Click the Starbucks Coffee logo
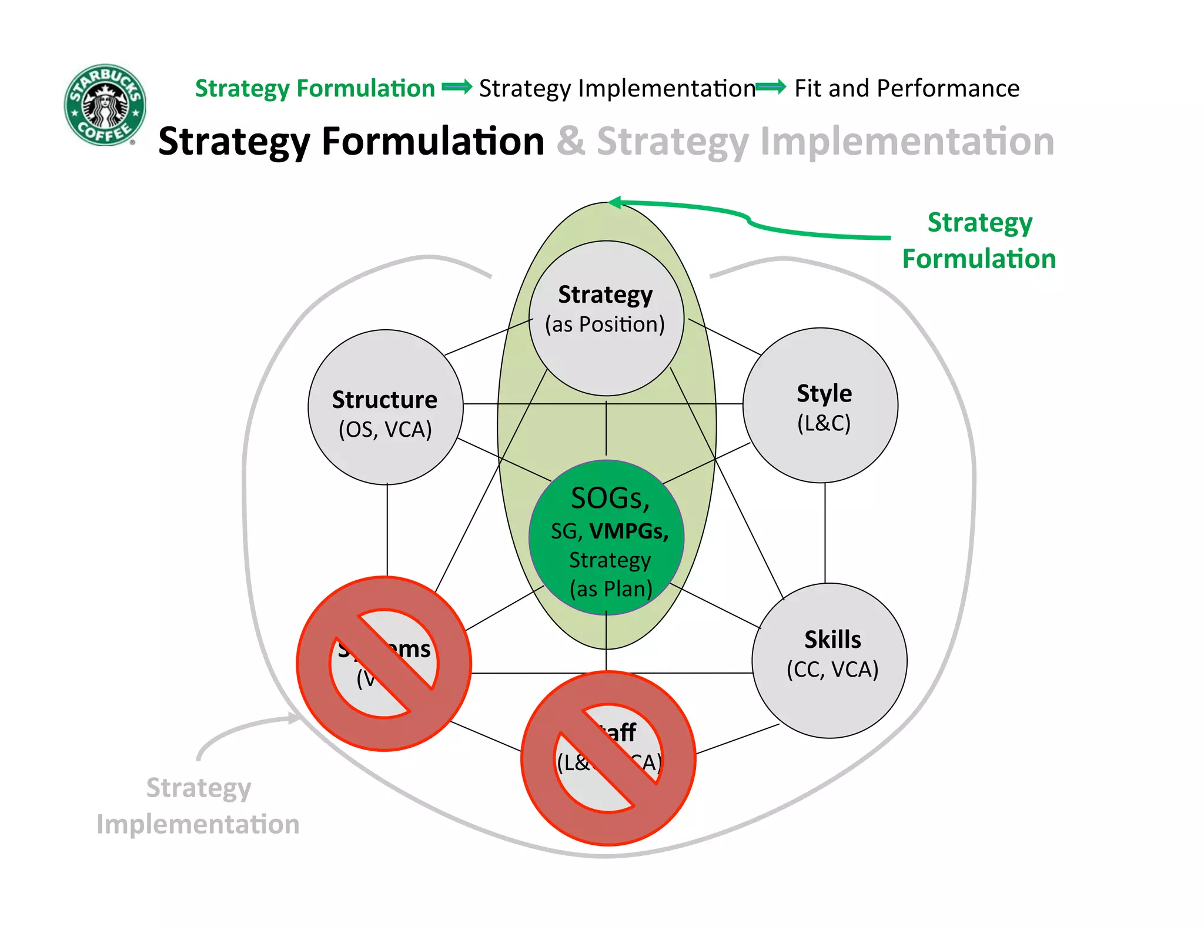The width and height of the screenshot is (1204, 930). point(105,105)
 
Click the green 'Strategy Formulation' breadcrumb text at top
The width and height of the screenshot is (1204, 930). point(315,88)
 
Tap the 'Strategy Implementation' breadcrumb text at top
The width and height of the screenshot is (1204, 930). point(617,88)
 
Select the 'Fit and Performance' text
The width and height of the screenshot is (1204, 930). point(907,88)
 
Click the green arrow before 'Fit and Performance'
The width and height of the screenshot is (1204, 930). point(771,88)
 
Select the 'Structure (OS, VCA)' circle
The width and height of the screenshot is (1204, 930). point(385,407)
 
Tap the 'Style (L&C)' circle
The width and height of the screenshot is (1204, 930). point(821,406)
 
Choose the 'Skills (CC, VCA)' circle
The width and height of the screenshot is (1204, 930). point(830,660)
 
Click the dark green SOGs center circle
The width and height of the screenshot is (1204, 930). point(606,538)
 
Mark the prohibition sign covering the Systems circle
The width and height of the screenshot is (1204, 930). point(384,663)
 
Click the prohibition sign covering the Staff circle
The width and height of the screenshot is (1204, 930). point(608,758)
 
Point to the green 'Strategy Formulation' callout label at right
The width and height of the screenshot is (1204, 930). point(979,241)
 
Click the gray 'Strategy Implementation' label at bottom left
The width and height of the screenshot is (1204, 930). point(198,805)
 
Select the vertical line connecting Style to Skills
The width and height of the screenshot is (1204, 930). point(825,532)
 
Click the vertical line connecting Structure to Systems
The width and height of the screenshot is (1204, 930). point(387,529)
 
